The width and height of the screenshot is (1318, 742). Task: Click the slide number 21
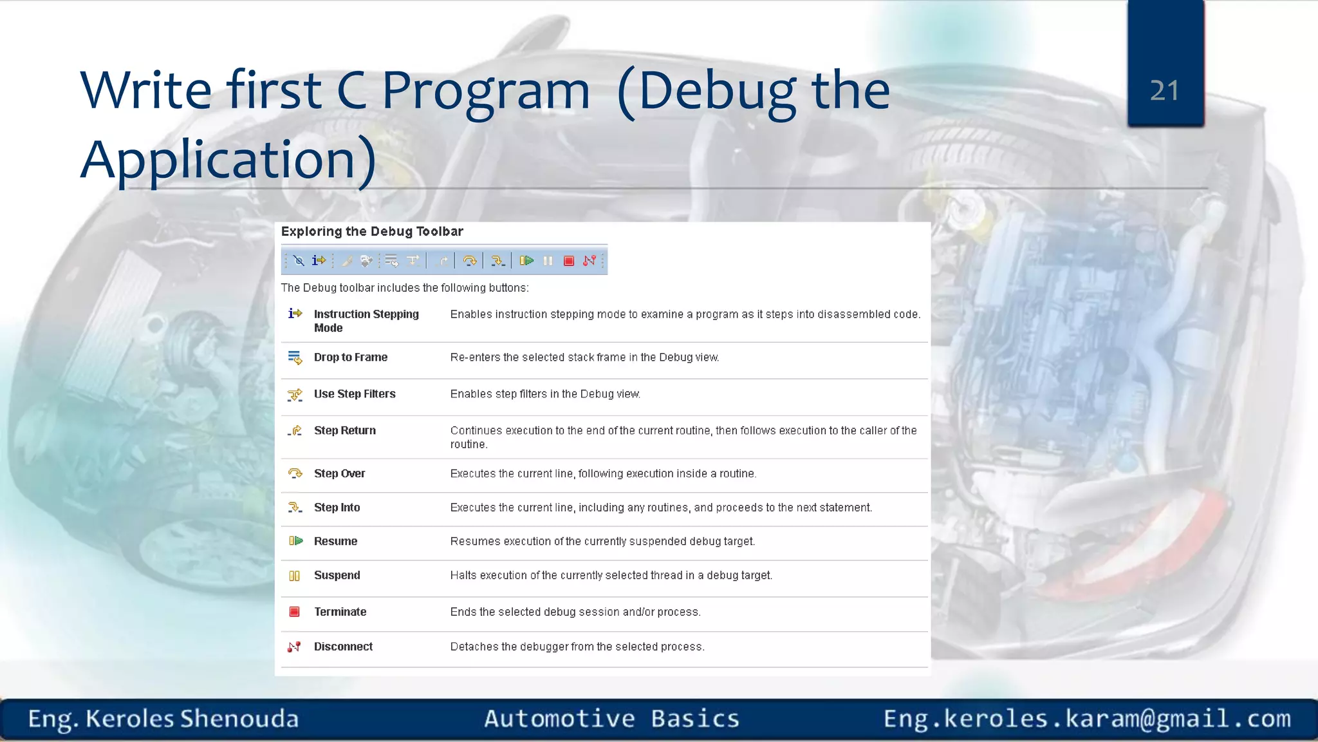tap(1164, 90)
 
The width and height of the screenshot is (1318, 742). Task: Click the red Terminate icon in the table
tap(294, 611)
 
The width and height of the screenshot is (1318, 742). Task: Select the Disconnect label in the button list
tap(343, 646)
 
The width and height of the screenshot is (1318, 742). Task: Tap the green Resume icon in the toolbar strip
tap(526, 260)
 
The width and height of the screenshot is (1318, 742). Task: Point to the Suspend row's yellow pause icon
tap(294, 575)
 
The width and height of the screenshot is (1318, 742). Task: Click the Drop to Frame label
tap(350, 357)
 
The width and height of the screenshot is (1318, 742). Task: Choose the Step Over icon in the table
tap(295, 473)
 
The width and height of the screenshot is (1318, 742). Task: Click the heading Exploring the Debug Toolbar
tap(372, 231)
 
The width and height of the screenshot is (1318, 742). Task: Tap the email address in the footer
tap(1086, 718)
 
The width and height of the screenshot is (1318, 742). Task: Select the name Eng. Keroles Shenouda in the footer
tap(163, 718)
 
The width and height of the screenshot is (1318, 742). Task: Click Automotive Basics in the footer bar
tap(611, 718)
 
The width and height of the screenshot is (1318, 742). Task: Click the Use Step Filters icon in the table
tap(295, 394)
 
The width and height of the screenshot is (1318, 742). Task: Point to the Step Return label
tap(344, 430)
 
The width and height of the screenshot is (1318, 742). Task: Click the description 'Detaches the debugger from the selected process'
tap(577, 646)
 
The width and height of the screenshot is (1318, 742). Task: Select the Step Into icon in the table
tap(295, 508)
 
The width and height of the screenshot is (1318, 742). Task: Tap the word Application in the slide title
tap(219, 159)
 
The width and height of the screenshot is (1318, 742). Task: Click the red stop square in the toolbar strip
tap(568, 260)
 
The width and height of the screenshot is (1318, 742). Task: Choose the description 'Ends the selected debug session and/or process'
tap(575, 611)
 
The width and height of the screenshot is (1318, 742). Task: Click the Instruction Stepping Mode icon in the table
tap(295, 314)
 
